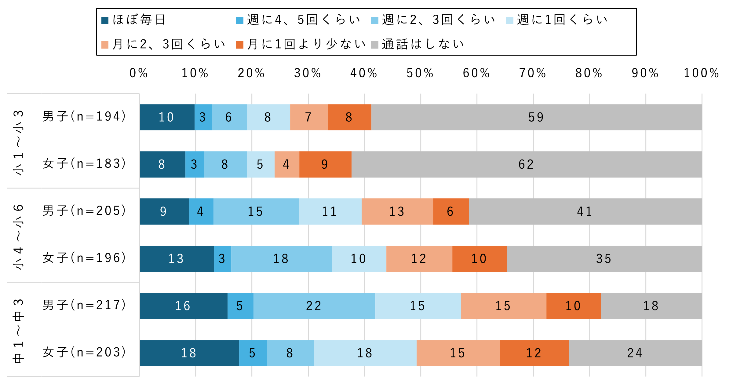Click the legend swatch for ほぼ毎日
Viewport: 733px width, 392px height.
coord(105,20)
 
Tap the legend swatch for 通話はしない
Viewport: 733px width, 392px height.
coord(374,45)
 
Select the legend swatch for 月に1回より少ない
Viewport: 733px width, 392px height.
coord(240,45)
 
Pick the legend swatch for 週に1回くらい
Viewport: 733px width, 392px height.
coord(509,20)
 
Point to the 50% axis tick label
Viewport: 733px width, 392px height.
coord(420,73)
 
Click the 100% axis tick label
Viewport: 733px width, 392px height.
coord(701,73)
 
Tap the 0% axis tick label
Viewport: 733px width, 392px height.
coord(139,73)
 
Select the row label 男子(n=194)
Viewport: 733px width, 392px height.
coord(84,116)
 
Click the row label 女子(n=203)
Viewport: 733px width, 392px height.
coord(84,352)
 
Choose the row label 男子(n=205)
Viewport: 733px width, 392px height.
coord(84,211)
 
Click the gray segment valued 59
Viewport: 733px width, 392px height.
coord(537,117)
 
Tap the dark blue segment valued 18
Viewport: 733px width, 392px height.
coord(189,353)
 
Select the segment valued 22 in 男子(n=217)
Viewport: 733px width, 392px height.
coord(314,306)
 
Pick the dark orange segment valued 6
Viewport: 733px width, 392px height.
coord(451,211)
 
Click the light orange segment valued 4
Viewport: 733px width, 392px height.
coord(287,164)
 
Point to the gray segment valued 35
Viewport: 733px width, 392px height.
coord(604,259)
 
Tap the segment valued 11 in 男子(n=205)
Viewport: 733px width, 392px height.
coord(330,211)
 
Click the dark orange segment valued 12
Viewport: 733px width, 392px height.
coord(534,353)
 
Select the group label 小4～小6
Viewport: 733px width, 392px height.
coord(18,237)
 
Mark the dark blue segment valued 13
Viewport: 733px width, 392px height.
coord(177,259)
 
